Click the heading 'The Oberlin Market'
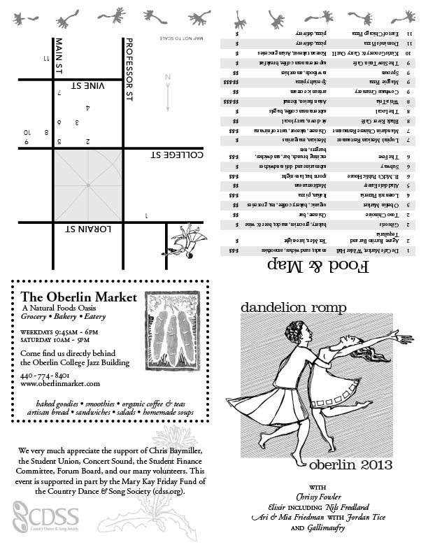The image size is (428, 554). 78,297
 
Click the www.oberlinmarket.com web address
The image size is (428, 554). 60,384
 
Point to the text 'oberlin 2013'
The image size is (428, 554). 352,465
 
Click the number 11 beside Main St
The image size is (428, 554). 46,58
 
